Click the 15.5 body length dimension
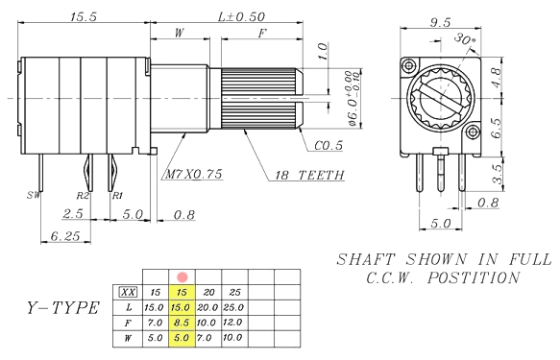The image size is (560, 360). pos(84,16)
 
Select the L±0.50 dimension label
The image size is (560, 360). pos(241,16)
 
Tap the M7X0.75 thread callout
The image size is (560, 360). pos(194,174)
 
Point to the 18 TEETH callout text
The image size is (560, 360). pos(309,175)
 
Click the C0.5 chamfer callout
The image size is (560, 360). pos(329,146)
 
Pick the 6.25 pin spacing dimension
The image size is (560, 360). pos(65,236)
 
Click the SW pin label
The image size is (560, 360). pos(34,195)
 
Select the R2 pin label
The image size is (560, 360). pos(83,196)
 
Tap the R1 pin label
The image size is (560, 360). pos(117,196)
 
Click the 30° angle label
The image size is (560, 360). pos(465,39)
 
